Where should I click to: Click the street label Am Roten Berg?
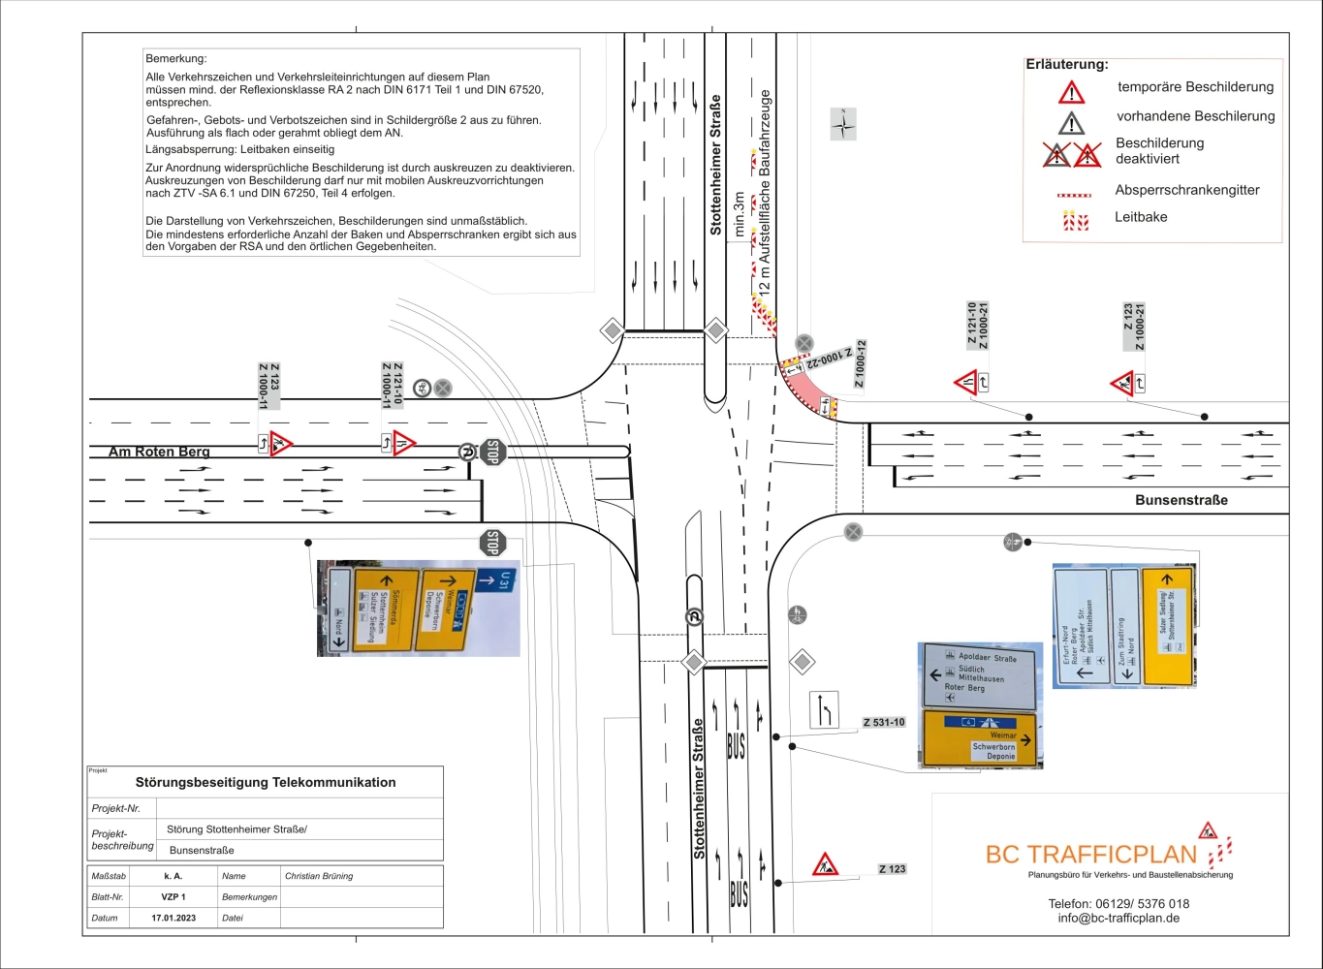click(x=159, y=452)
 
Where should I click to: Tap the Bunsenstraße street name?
click(x=1181, y=500)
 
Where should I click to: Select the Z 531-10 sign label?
click(x=883, y=722)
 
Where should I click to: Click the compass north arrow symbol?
click(x=843, y=124)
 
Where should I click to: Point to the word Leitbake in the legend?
click(x=1141, y=217)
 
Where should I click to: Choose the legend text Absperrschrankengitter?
click(x=1186, y=190)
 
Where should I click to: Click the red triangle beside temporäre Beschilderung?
click(x=1071, y=92)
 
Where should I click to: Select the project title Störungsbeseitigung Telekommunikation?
click(x=266, y=782)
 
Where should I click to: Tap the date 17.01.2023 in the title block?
click(x=173, y=918)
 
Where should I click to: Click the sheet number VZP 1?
click(x=173, y=897)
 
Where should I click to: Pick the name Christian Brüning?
click(x=319, y=876)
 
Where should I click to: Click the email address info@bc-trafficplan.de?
click(x=1118, y=918)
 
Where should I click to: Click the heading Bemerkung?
click(x=176, y=58)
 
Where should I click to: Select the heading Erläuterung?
click(x=1066, y=64)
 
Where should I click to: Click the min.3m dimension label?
click(x=740, y=214)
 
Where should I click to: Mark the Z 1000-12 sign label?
click(x=861, y=364)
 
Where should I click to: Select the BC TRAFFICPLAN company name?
click(x=1091, y=854)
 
